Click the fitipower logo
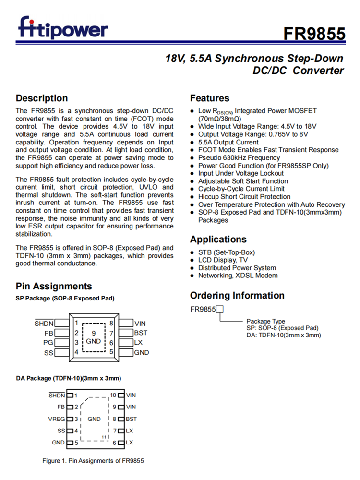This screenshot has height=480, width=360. (63, 27)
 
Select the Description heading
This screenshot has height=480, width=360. (42, 98)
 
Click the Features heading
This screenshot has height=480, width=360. (210, 98)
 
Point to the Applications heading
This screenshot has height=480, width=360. (218, 239)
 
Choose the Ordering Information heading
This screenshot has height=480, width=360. (237, 295)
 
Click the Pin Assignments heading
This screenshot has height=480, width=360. (54, 287)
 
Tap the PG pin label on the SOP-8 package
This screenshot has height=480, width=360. (48, 343)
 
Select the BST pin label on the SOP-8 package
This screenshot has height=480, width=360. (141, 333)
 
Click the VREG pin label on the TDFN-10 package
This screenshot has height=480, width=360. (57, 419)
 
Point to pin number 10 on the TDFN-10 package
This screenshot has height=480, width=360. (113, 396)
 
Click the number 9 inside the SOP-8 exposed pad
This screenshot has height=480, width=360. (94, 333)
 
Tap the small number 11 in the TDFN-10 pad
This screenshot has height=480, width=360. (104, 437)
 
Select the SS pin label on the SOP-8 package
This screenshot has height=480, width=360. (48, 353)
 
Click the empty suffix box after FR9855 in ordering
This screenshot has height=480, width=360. (220, 310)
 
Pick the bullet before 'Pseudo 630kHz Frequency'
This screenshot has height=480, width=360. (192, 158)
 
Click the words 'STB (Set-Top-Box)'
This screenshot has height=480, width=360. (227, 252)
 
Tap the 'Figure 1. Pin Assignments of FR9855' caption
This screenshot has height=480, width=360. (93, 461)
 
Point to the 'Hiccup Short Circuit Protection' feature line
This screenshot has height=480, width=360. (244, 197)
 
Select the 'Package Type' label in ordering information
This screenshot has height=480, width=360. (265, 321)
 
